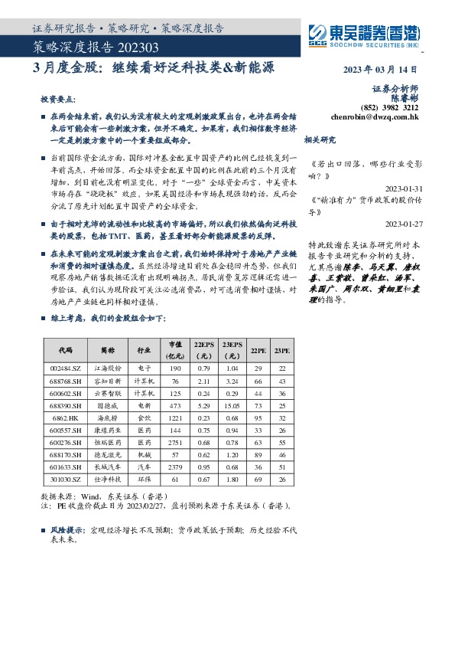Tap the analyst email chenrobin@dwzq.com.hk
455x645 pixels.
pos(375,118)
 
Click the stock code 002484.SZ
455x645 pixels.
pos(66,368)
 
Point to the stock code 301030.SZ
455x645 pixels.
pos(66,480)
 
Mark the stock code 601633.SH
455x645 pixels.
pos(66,468)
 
